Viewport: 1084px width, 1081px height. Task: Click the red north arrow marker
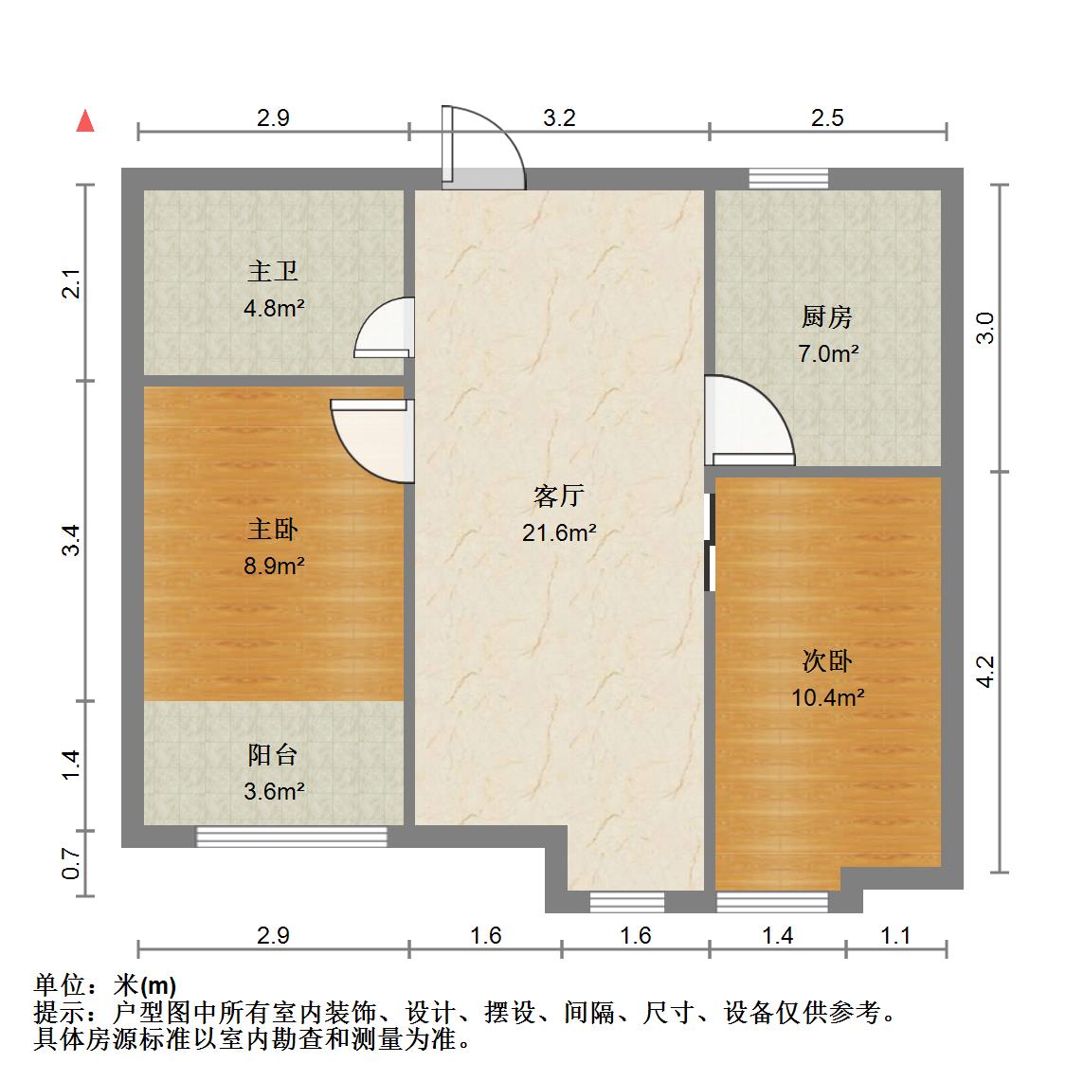[x=85, y=120]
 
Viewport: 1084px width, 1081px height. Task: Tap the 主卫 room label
[x=273, y=272]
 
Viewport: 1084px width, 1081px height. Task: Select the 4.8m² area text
[x=273, y=308]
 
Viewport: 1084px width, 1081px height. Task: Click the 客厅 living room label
[x=559, y=495]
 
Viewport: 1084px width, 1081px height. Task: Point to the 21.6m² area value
[x=559, y=532]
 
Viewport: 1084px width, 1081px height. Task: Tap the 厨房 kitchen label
[x=827, y=317]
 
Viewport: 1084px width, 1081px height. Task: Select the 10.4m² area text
[x=827, y=698]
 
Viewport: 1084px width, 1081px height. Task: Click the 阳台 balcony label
[x=273, y=755]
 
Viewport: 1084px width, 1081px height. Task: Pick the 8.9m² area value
[x=273, y=567]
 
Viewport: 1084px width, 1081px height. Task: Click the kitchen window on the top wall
[x=787, y=177]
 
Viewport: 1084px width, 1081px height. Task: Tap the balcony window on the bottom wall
[x=292, y=836]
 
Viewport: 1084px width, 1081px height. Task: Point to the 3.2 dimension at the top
[x=559, y=118]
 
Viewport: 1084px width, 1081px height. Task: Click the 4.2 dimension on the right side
[x=985, y=671]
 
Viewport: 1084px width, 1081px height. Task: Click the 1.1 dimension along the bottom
[x=894, y=936]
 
